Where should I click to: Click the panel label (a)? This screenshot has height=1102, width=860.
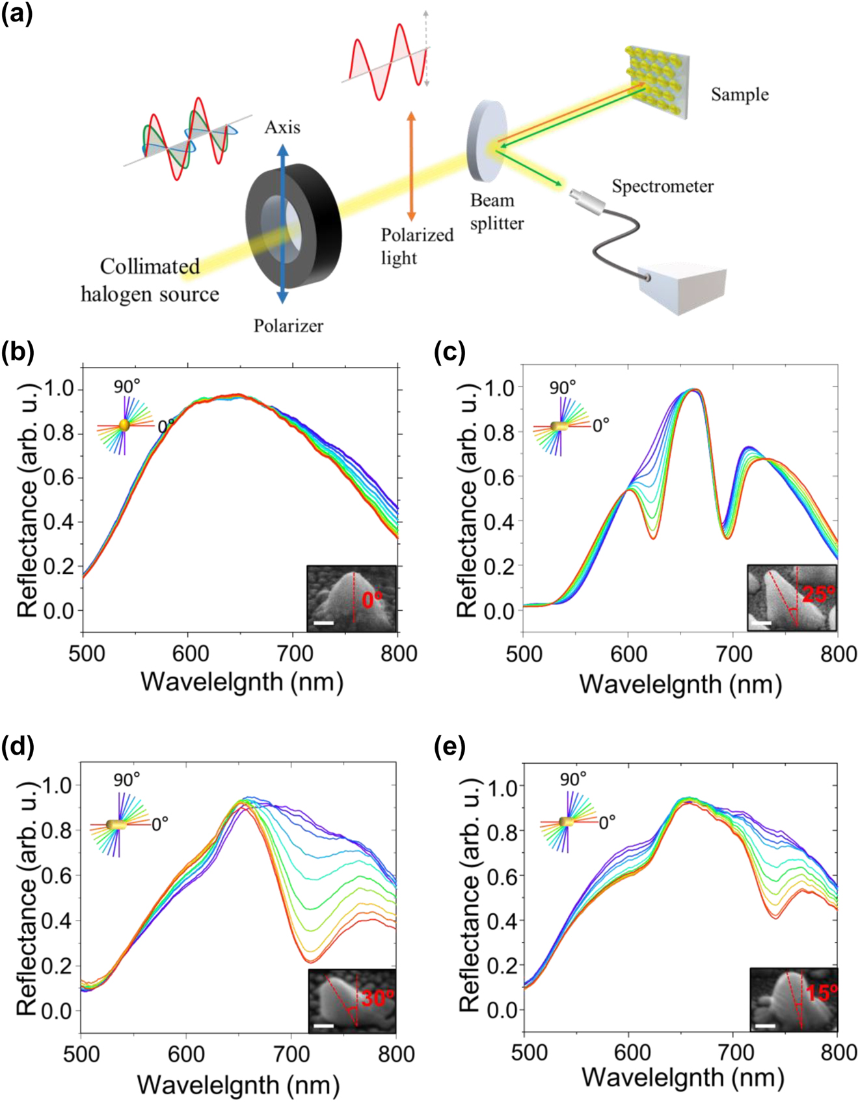16,14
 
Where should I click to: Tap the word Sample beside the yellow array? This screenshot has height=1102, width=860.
739,95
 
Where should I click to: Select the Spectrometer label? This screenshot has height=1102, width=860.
662,187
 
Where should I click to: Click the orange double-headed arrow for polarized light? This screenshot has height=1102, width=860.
411,166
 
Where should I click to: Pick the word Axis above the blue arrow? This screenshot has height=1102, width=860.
282,128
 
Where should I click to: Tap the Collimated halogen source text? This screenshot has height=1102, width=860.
150,280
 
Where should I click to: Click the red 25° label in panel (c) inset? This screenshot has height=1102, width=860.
817,594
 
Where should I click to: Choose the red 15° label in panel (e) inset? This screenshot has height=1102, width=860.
821,993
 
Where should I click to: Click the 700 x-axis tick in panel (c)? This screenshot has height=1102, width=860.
734,653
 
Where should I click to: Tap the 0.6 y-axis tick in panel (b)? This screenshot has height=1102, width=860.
59,478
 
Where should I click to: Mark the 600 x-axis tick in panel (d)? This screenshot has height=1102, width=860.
187,1053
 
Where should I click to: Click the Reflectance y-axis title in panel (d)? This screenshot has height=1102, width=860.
27,898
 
